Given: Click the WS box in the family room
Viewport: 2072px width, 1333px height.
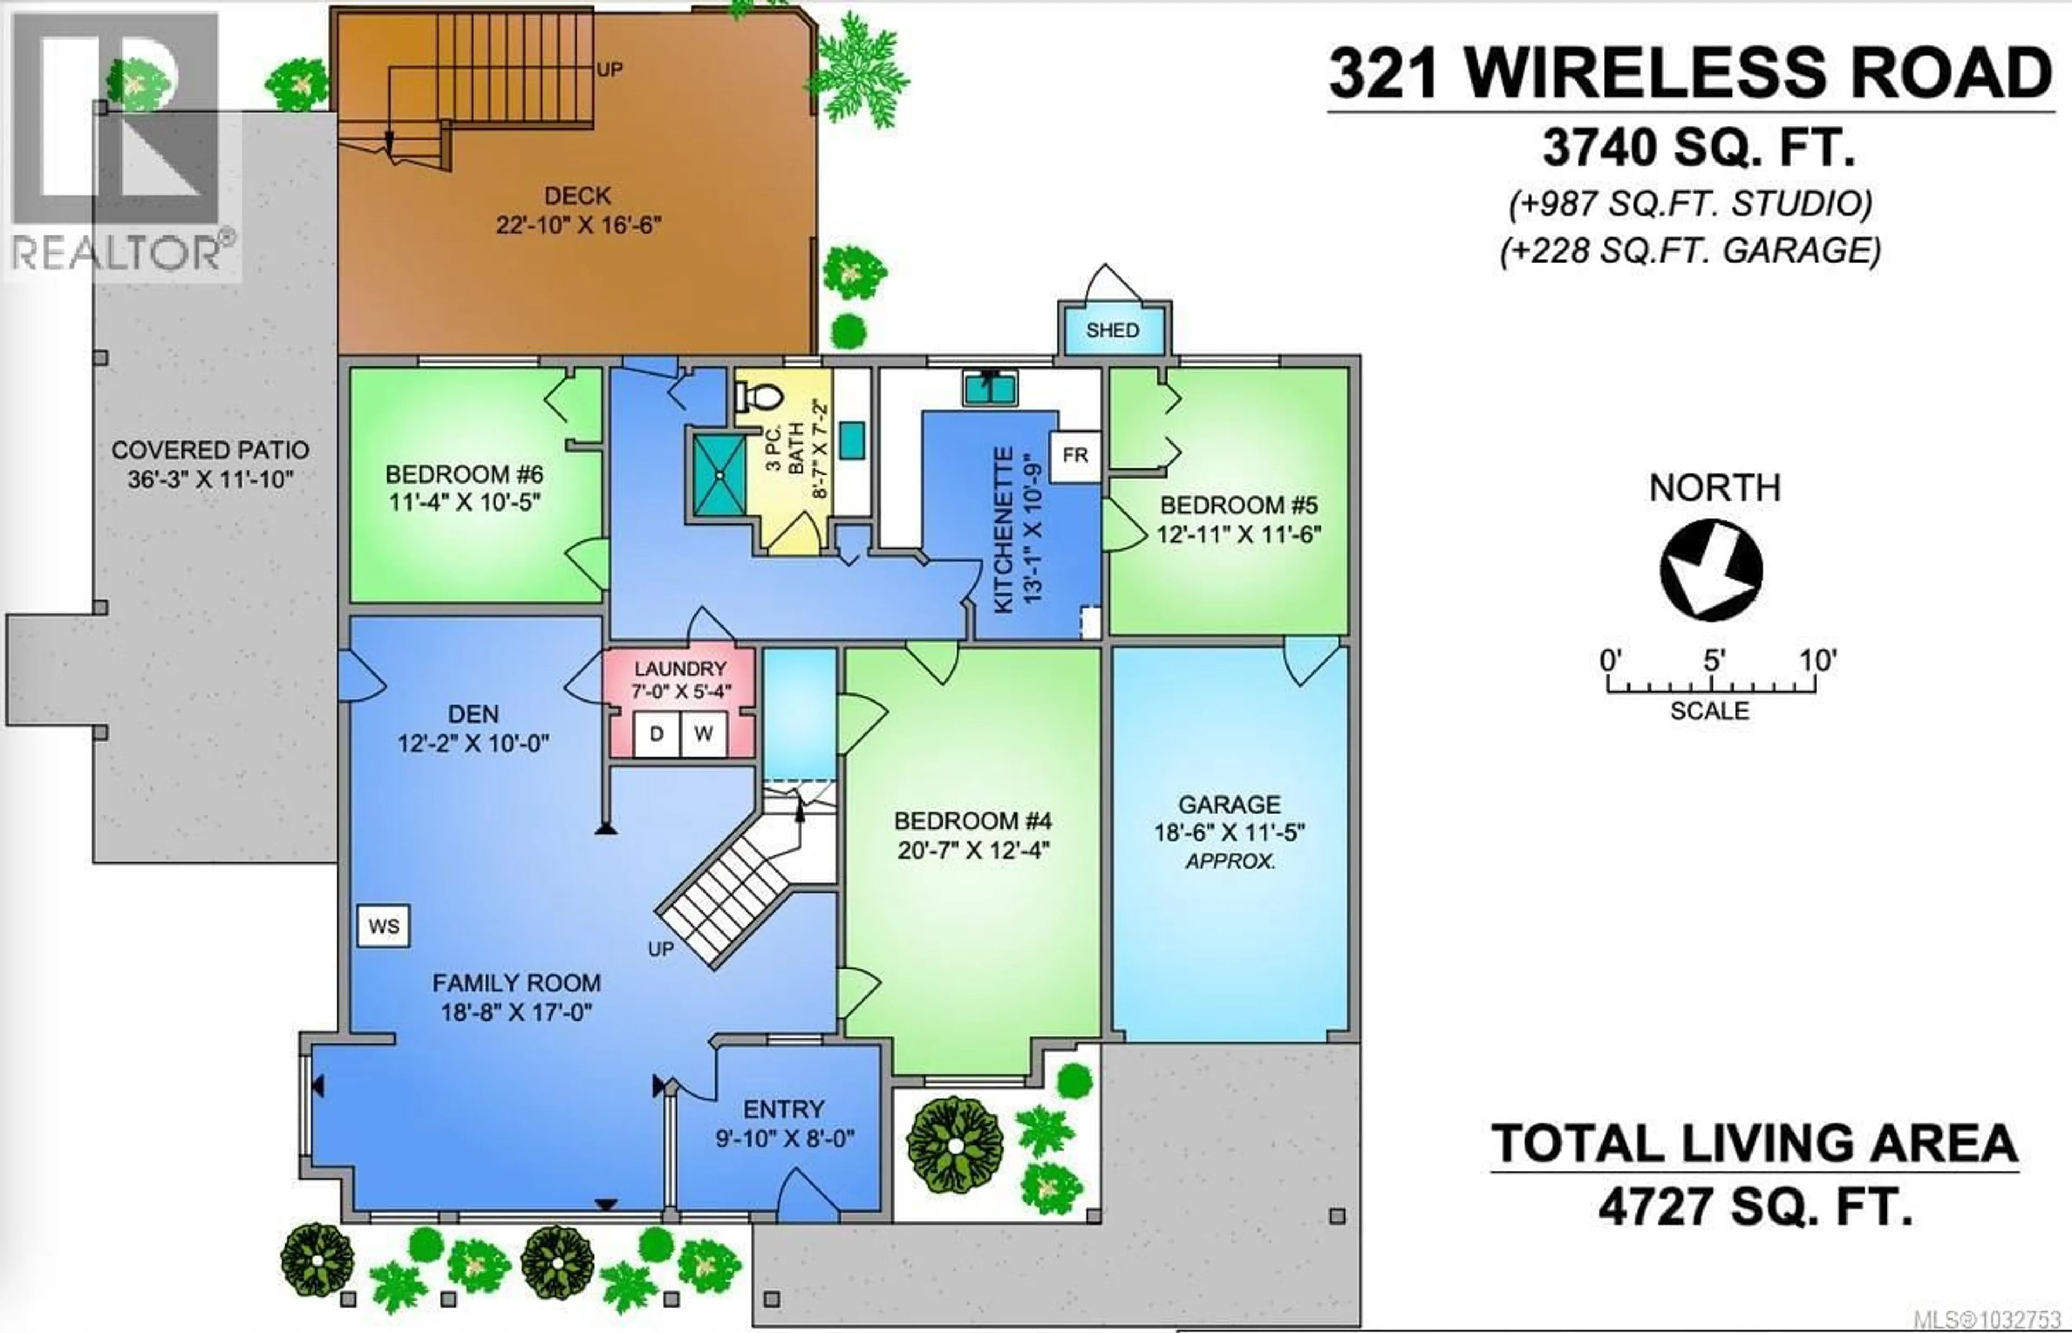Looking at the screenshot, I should point(384,926).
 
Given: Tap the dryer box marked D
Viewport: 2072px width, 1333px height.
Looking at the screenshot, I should point(656,734).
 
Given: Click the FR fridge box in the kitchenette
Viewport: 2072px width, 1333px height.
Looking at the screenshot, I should point(1075,455).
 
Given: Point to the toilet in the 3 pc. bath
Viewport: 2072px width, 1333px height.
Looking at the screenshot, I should point(760,397).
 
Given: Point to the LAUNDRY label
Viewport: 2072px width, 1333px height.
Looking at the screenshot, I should point(680,668).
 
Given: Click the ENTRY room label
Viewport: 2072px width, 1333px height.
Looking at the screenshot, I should point(783,1109).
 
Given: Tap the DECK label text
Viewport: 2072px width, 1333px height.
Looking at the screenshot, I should point(577,195).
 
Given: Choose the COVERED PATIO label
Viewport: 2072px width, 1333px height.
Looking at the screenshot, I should point(210,450).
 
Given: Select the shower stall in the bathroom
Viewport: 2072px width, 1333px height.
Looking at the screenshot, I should point(718,474).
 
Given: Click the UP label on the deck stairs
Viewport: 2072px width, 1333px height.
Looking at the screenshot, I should point(609,69).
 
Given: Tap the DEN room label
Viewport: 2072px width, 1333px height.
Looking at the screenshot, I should point(473,714).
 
